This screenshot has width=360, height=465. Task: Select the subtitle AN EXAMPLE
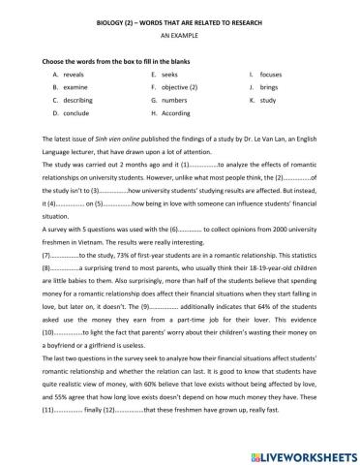[179, 32]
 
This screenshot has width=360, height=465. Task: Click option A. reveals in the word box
[79, 73]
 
